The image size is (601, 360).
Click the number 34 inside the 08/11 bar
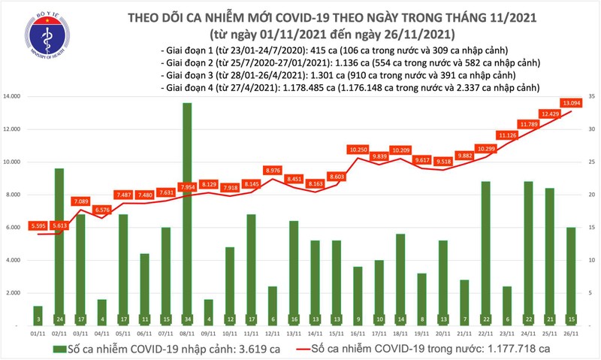point(186,318)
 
